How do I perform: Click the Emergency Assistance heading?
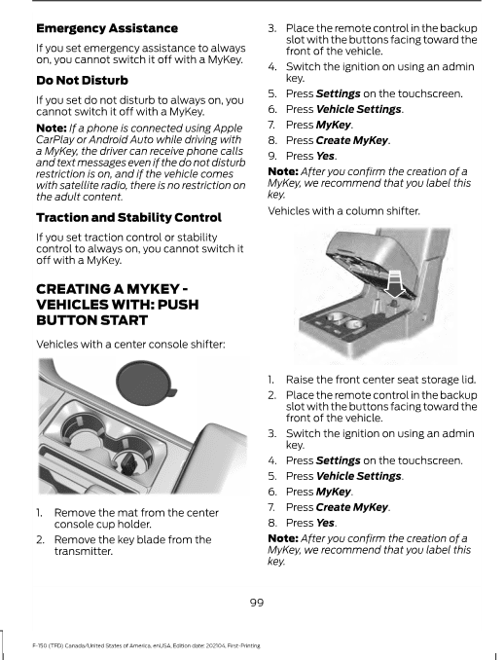point(106,28)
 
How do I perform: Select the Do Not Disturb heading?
point(82,80)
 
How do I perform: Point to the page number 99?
point(256,603)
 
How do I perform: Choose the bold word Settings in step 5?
point(338,93)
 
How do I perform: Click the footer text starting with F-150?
point(135,645)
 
